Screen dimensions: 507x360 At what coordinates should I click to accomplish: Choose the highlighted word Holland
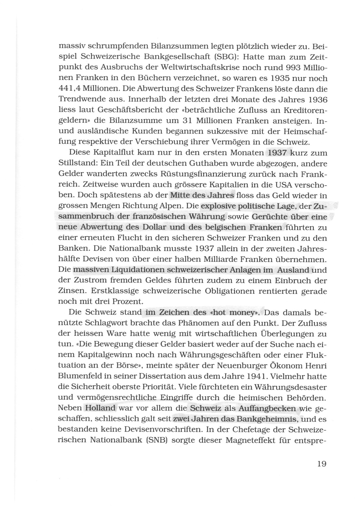pos(100,408)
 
